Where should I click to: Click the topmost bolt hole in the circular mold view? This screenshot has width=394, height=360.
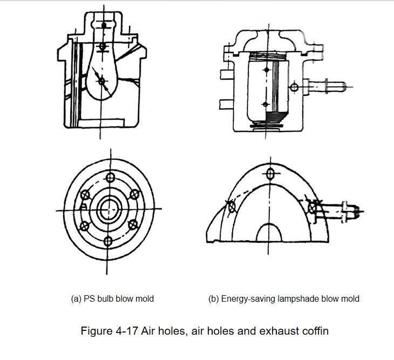pos(110,178)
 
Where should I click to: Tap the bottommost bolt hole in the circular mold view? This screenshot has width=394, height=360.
pos(108,241)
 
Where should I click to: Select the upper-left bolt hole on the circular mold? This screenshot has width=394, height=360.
pos(85,195)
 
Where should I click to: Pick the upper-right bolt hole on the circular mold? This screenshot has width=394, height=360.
pos(135,194)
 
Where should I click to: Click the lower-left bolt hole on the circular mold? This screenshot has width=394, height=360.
pos(84,226)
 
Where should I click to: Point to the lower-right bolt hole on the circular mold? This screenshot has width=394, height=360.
pos(133,225)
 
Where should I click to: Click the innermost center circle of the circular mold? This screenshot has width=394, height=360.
pos(110,209)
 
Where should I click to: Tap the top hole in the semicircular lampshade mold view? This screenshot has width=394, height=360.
pos(270,174)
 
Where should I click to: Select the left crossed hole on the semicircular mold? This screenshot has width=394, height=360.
pos(232,207)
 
